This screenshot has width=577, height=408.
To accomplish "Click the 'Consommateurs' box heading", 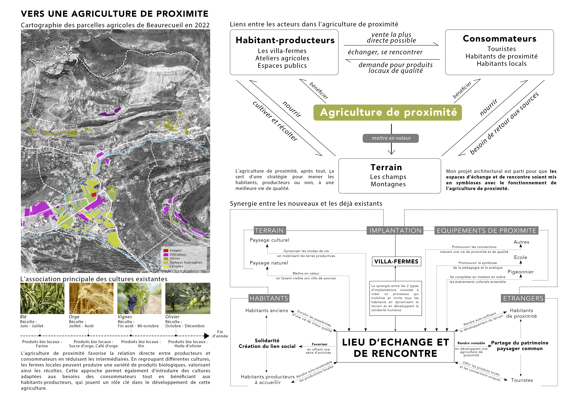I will click(499, 39).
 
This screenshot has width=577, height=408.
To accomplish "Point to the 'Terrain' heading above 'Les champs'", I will click(386, 167).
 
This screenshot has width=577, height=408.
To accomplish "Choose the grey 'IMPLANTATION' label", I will click(395, 231).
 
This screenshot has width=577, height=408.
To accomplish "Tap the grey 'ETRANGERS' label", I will click(523, 298).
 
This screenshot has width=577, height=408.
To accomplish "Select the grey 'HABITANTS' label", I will click(269, 298).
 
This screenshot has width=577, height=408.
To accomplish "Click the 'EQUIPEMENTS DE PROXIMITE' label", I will click(486, 231).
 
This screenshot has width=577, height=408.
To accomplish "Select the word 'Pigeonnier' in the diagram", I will click(520, 272).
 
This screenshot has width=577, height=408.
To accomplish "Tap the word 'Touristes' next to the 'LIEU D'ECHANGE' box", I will click(522, 380).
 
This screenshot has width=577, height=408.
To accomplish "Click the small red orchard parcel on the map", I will click(94, 194).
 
